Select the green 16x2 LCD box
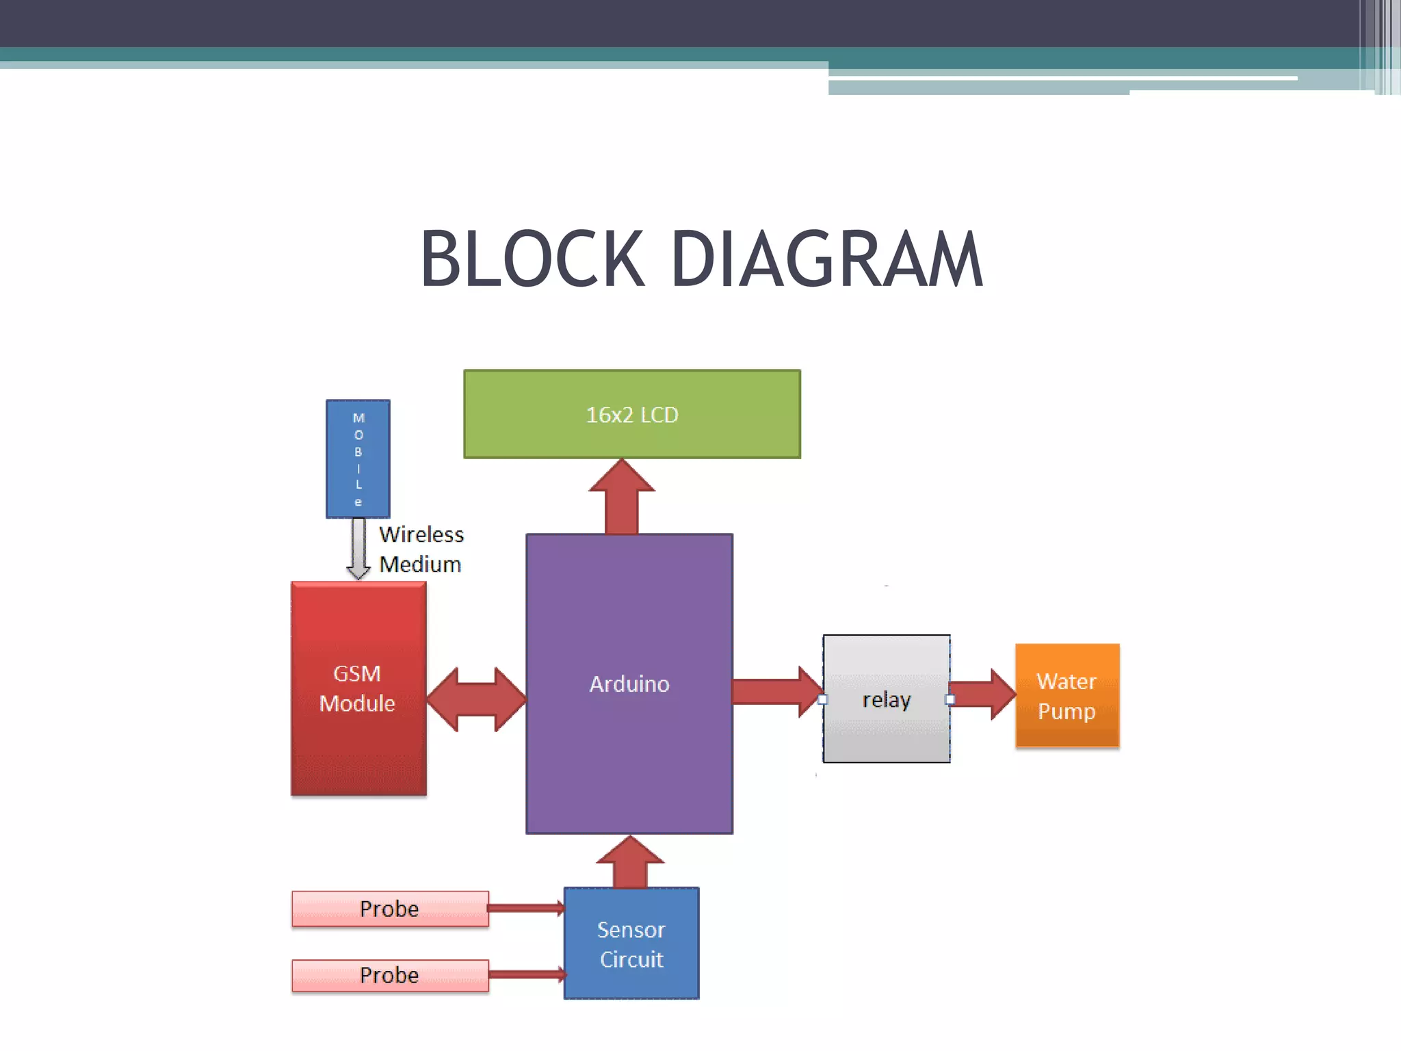point(631,414)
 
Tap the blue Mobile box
point(358,458)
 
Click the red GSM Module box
point(358,688)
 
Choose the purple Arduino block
point(629,684)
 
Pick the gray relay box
point(886,699)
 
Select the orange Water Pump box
point(1066,696)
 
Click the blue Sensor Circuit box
point(631,944)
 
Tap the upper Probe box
point(389,909)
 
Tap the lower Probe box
point(389,975)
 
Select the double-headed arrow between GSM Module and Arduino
point(476,699)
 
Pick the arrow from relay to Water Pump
point(982,694)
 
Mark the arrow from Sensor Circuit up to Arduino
point(630,864)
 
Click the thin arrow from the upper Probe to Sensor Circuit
point(525,909)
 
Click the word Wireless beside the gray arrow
point(421,534)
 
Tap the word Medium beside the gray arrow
point(420,565)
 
